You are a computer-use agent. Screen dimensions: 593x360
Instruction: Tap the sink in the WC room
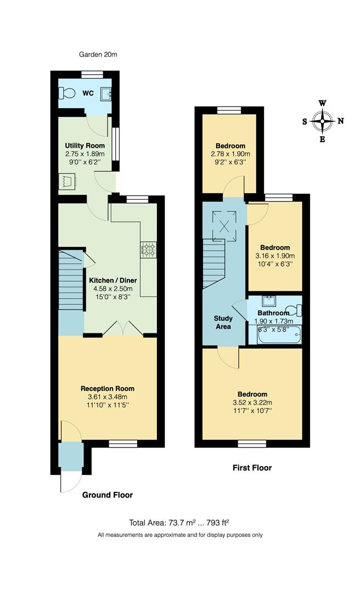pos(106,94)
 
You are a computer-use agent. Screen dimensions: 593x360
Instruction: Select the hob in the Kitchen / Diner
pos(148,250)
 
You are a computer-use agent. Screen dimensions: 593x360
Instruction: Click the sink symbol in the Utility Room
pos(67,181)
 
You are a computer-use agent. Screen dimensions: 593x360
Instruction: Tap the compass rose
pos(323,121)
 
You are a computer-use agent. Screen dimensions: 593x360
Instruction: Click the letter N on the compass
pos(340,121)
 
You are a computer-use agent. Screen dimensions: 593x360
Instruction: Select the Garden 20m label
pos(98,54)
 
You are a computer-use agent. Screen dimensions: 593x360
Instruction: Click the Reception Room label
pos(108,388)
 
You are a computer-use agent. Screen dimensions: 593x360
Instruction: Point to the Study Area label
pos(223,322)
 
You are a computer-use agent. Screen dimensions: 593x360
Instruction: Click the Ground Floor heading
pos(108,495)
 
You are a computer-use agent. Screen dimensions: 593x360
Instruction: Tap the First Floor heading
pos(251,468)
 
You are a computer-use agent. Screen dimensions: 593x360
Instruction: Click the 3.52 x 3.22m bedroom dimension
pos(252,402)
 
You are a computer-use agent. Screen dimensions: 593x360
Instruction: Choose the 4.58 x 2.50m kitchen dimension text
pos(113,289)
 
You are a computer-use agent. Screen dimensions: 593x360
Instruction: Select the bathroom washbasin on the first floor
pos(269,301)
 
